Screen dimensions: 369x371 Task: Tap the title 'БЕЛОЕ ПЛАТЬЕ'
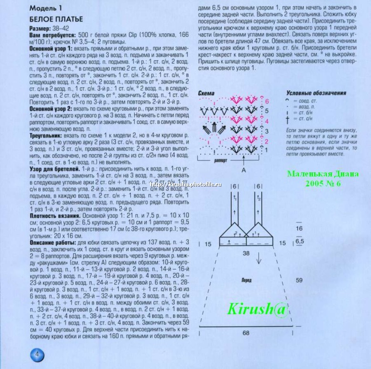[56, 19]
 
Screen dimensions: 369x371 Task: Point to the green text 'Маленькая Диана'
[322, 174]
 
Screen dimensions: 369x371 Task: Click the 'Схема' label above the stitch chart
[208, 93]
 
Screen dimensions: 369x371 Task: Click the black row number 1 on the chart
[267, 150]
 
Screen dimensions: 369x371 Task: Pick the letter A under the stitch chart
[244, 169]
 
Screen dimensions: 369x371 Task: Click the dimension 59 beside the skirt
[299, 281]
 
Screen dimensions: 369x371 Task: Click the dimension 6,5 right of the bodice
[299, 242]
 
